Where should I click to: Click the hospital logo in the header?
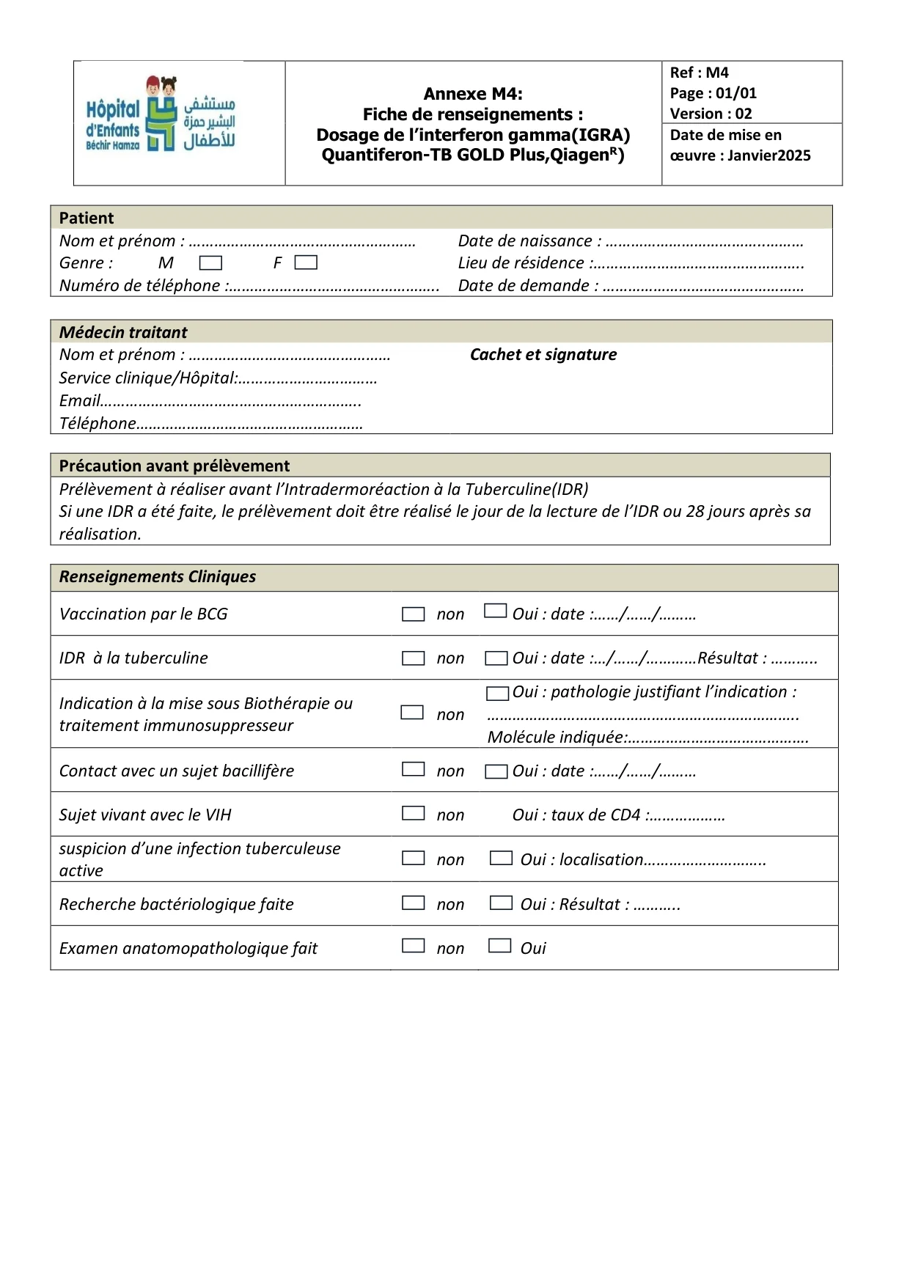coord(161,114)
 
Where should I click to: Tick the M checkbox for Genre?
coord(210,262)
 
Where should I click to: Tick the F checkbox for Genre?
coord(306,262)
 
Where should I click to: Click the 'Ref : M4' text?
coord(699,73)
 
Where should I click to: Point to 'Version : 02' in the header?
coord(711,114)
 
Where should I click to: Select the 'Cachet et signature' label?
coord(543,355)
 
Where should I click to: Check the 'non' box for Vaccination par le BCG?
coord(414,614)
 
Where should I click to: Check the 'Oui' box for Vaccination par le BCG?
coord(496,611)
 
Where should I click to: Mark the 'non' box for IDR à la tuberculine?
coord(414,658)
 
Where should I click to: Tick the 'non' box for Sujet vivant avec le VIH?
coord(414,813)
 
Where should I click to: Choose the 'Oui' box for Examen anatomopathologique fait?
coord(500,946)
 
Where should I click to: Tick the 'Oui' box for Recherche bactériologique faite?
coord(502,903)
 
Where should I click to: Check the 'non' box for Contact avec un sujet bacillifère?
coord(414,769)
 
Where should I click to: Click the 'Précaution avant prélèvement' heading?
coord(175,466)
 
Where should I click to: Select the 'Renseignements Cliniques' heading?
coord(158,577)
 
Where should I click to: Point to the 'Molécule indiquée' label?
coord(557,738)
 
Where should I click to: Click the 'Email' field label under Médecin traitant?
coord(79,401)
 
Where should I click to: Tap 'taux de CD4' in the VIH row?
coord(595,815)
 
